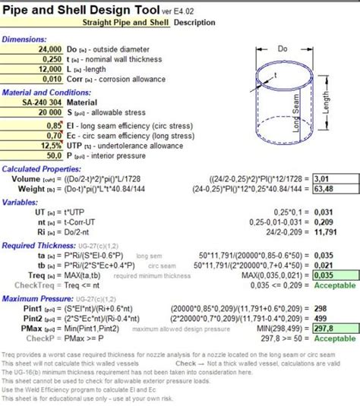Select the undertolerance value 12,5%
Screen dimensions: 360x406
coord(50,144)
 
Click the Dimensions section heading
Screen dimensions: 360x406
coord(24,39)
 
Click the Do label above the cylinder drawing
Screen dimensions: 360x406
coord(283,48)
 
